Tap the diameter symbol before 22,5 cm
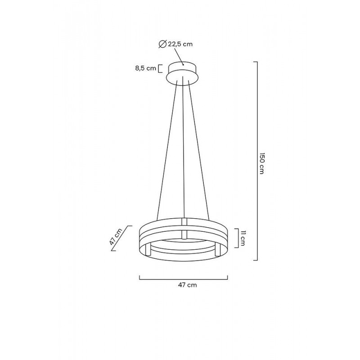162,44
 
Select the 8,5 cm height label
145,69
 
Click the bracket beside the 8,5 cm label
160,69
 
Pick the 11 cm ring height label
242,237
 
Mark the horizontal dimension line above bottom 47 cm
184,279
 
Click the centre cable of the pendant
184,153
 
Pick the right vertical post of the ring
217,250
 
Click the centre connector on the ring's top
184,221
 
